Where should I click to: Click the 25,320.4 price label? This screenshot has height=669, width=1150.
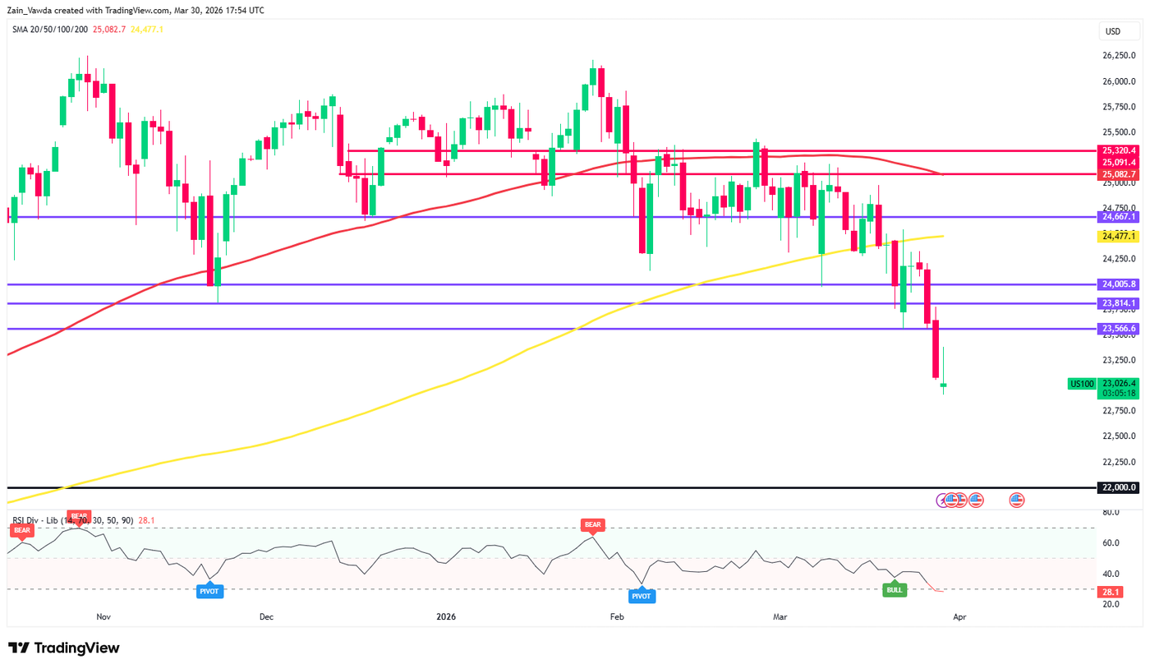click(x=1118, y=150)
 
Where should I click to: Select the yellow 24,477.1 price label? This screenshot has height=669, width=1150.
click(x=1118, y=236)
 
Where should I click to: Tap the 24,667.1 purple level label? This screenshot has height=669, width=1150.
click(x=1118, y=217)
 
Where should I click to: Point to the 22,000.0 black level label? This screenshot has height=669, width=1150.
click(x=1118, y=487)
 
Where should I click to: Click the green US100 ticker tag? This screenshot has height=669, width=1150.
click(x=1081, y=383)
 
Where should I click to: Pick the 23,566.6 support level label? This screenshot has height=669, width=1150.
click(x=1118, y=329)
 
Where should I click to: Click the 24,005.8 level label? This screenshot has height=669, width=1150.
click(x=1118, y=284)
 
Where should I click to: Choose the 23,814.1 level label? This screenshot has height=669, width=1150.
click(x=1118, y=303)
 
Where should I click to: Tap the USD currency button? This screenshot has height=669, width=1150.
click(x=1113, y=32)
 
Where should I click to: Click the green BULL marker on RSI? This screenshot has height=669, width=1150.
click(x=895, y=589)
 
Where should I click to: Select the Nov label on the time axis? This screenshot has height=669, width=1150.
click(x=103, y=616)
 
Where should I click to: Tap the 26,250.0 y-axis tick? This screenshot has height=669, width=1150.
click(x=1118, y=56)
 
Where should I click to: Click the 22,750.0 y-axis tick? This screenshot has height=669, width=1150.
click(x=1118, y=410)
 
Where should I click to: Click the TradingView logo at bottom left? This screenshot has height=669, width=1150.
click(x=64, y=648)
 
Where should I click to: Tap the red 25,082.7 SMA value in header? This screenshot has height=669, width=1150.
click(x=109, y=30)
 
